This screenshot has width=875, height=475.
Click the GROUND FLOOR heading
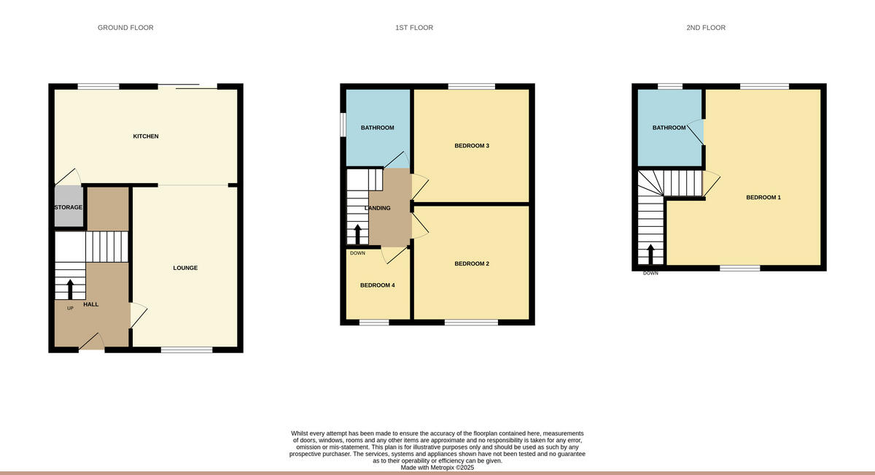[x=125, y=28]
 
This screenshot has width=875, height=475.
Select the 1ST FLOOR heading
[x=414, y=28]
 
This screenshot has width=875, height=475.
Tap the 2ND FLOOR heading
[x=705, y=28]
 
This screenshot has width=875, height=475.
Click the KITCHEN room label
[x=145, y=136]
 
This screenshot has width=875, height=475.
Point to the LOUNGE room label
[x=185, y=268]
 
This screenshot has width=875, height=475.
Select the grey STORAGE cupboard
[x=68, y=207]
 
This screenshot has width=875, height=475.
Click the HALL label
[x=91, y=304]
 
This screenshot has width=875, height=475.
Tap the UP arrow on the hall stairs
[x=70, y=290]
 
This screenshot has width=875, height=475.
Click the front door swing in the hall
[x=91, y=341]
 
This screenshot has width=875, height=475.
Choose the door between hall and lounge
[x=138, y=315]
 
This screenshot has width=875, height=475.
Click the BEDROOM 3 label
[x=471, y=146]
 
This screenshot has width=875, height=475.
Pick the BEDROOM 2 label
[x=471, y=263]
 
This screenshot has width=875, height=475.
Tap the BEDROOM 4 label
[x=377, y=285]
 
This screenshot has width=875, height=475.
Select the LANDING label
[x=377, y=208]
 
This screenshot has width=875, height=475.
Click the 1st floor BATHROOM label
[x=377, y=128]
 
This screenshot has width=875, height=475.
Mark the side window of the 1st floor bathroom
[x=343, y=123]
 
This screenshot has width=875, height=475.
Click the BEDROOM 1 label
[x=763, y=197]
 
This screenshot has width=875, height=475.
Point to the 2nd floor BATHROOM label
[x=669, y=128]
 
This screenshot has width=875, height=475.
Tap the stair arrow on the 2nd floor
[x=650, y=254]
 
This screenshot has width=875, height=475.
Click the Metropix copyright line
[x=437, y=467]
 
